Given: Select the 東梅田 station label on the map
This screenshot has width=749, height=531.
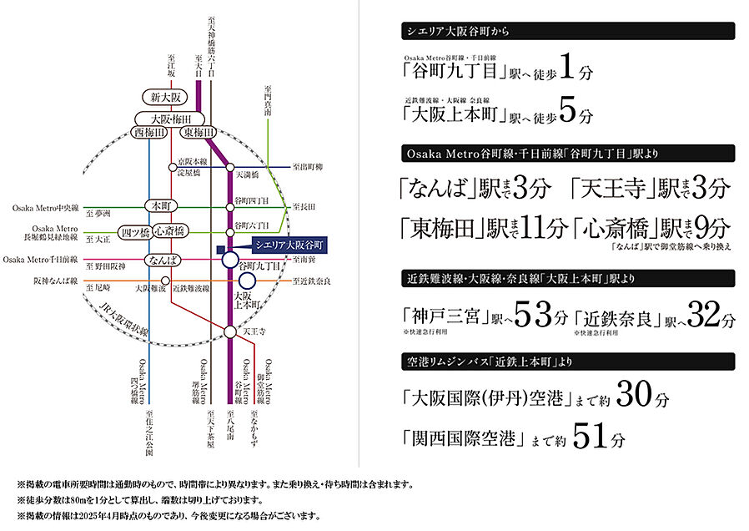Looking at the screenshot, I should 199,133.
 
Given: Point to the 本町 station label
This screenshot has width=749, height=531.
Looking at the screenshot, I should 156,205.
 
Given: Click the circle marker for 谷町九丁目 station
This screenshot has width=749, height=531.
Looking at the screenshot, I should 230,261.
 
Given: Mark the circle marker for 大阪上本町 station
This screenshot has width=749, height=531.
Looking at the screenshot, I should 247,282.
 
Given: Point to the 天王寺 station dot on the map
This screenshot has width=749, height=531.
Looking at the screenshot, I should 230,332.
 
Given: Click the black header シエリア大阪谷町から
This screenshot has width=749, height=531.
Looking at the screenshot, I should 566,31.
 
